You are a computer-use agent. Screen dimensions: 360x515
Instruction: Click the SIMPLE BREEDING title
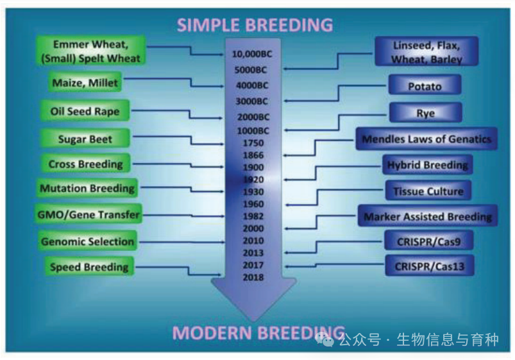pyautogui.click(x=255, y=24)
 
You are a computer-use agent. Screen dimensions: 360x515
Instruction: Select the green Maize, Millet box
pyautogui.click(x=85, y=83)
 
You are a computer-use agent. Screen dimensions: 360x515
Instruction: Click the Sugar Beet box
pyautogui.click(x=85, y=139)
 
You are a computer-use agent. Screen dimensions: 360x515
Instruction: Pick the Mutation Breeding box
pyautogui.click(x=87, y=189)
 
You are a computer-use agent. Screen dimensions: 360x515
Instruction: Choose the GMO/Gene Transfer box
pyautogui.click(x=87, y=215)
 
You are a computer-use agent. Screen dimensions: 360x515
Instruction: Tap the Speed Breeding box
pyautogui.click(x=89, y=267)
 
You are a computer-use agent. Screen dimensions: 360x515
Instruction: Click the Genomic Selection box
pyautogui.click(x=87, y=242)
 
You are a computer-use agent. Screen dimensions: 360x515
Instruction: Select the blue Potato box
pyautogui.click(x=425, y=86)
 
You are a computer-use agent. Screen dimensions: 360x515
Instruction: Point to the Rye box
pyautogui.click(x=425, y=113)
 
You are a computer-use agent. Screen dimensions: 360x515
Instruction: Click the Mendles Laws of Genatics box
pyautogui.click(x=426, y=139)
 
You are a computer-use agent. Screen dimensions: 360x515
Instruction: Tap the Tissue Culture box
pyautogui.click(x=428, y=191)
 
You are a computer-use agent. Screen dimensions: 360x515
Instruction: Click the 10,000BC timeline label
pyautogui.click(x=252, y=54)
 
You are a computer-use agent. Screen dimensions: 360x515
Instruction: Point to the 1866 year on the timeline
pyautogui.click(x=253, y=155)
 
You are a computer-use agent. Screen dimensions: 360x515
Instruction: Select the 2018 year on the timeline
pyautogui.click(x=253, y=277)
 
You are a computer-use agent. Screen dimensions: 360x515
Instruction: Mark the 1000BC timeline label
pyautogui.click(x=253, y=131)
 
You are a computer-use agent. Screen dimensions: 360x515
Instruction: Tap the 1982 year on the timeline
pyautogui.click(x=253, y=216)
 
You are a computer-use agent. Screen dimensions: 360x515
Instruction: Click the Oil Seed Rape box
pyautogui.click(x=85, y=111)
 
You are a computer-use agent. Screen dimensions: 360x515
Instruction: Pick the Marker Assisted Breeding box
pyautogui.click(x=428, y=217)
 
